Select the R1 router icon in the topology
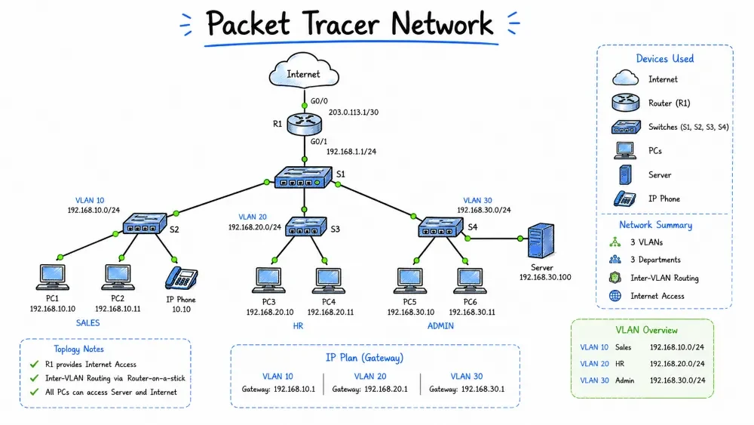pyautogui.click(x=305, y=125)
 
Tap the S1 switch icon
pyautogui.click(x=303, y=177)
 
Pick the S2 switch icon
pyautogui.click(x=144, y=223)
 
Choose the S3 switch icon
pyautogui.click(x=306, y=226)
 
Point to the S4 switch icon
pyautogui.click(x=441, y=227)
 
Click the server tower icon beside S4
pyautogui.click(x=541, y=241)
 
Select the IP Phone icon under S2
pyautogui.click(x=181, y=279)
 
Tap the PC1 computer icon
pyautogui.click(x=53, y=277)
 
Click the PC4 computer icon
pyautogui.click(x=329, y=281)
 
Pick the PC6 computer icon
pyautogui.click(x=470, y=281)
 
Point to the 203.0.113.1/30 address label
pyautogui.click(x=354, y=112)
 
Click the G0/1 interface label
pyautogui.click(x=319, y=141)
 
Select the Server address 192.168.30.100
pyautogui.click(x=545, y=277)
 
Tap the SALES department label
pyautogui.click(x=88, y=323)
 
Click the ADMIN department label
pyautogui.click(x=440, y=326)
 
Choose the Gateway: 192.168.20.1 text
pyautogui.click(x=369, y=389)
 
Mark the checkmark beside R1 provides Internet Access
pyautogui.click(x=34, y=364)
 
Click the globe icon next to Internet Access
pyautogui.click(x=615, y=295)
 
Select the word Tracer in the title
pyautogui.click(x=341, y=23)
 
